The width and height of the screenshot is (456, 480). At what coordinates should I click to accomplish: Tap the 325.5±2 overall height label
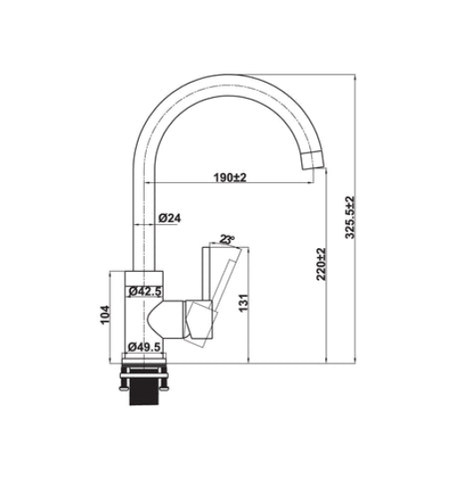tap(350, 218)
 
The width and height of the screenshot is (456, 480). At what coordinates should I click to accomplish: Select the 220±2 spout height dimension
tap(321, 264)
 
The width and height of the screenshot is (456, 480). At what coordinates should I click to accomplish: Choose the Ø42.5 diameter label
tap(144, 292)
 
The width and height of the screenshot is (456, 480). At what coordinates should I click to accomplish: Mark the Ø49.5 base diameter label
tap(144, 346)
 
